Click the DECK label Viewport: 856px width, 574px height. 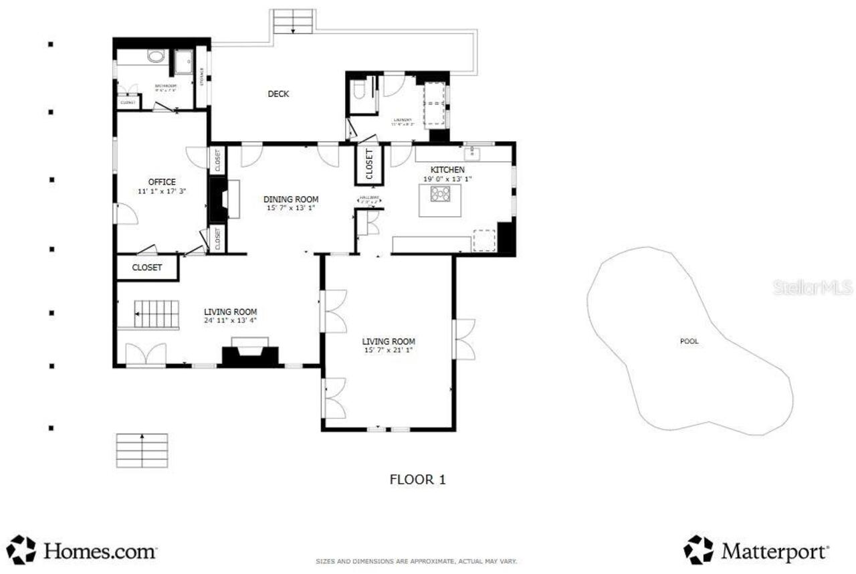pos(278,94)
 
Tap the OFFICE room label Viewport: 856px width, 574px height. pos(162,182)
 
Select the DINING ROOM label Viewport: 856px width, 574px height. pos(290,199)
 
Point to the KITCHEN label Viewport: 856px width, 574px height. pos(447,170)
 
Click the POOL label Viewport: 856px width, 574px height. pos(689,341)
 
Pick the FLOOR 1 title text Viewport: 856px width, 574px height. pos(417,479)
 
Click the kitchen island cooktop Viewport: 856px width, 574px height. pos(441,194)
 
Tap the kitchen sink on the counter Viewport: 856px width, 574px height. pos(473,153)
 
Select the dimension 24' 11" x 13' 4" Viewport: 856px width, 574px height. pos(230,320)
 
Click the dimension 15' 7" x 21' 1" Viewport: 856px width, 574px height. pos(389,350)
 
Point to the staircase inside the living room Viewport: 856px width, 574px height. pos(157,313)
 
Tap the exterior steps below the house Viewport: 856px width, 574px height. pos(142,450)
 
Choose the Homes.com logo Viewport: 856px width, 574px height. pos(82,551)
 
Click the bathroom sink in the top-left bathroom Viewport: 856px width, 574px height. pos(156,57)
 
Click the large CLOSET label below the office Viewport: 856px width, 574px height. pos(147,267)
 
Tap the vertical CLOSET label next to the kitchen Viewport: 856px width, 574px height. pos(368,164)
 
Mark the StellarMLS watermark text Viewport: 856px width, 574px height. pos(813,288)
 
